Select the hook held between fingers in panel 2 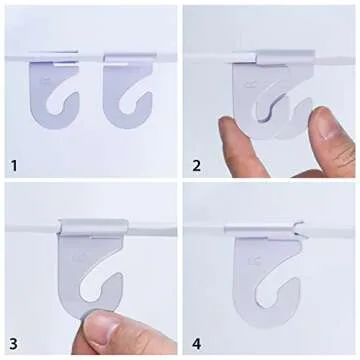pos(265,95)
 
